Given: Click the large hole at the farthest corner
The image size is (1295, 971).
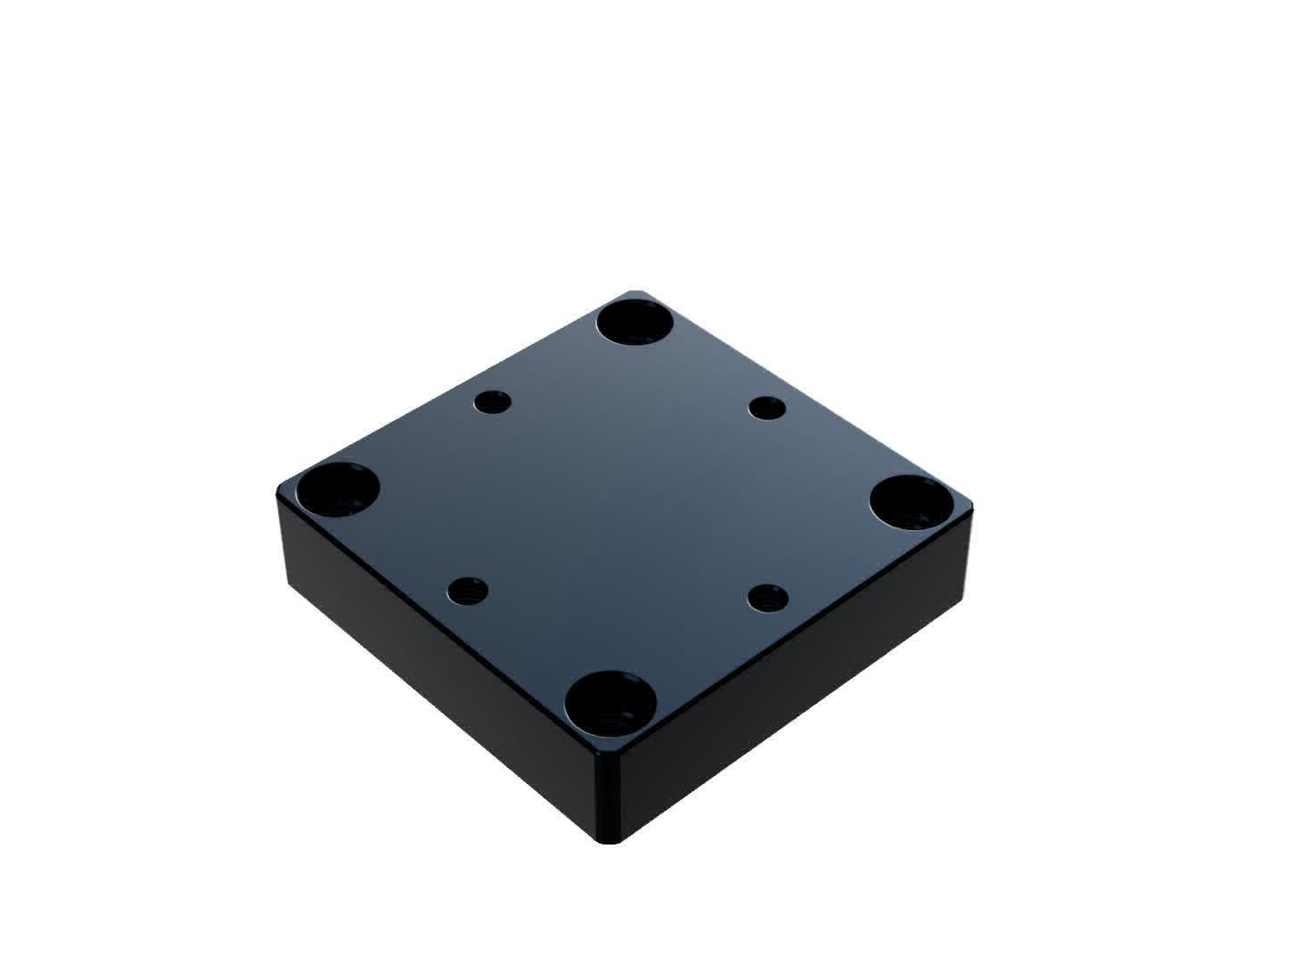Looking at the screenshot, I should (635, 322).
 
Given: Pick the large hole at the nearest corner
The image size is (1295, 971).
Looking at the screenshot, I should (611, 700).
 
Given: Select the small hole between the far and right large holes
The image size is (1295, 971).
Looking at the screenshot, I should (766, 409).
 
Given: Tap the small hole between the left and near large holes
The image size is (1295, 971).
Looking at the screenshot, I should (467, 590).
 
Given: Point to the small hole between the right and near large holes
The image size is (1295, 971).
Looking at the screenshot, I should (767, 596).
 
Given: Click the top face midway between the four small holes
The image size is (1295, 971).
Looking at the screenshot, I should (624, 499).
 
